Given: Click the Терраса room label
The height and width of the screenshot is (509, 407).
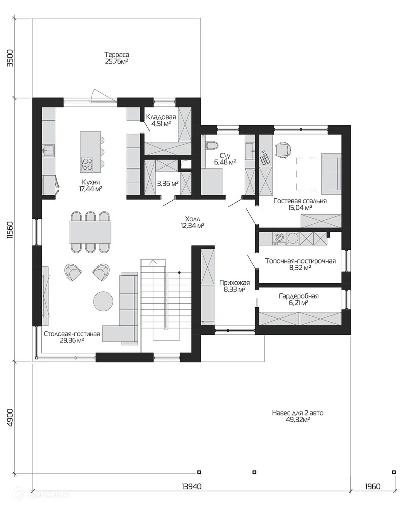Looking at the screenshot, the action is pyautogui.click(x=117, y=55).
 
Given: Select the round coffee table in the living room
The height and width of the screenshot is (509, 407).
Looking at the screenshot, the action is pyautogui.click(x=103, y=301).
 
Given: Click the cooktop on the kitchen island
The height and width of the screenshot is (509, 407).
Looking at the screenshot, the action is pyautogui.click(x=87, y=164).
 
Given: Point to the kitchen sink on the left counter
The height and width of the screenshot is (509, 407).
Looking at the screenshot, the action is pyautogui.click(x=48, y=150).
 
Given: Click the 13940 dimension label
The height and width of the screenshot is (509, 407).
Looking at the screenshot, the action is pyautogui.click(x=191, y=486).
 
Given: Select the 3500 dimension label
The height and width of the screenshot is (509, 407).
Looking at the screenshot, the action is pyautogui.click(x=10, y=58).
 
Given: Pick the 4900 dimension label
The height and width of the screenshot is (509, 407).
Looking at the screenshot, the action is pyautogui.click(x=10, y=418).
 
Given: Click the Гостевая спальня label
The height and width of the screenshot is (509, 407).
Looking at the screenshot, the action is pyautogui.click(x=300, y=201).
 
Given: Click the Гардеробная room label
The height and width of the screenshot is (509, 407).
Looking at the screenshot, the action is pyautogui.click(x=299, y=296).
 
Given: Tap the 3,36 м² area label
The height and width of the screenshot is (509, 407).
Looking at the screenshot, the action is pyautogui.click(x=168, y=183).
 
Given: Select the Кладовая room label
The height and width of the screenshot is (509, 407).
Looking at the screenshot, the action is pyautogui.click(x=161, y=117).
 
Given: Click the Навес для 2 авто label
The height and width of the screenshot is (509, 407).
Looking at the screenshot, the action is pyautogui.click(x=298, y=413).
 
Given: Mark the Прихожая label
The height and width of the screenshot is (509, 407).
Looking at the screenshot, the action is pyautogui.click(x=234, y=283).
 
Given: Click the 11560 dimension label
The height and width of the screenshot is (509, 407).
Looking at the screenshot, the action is pyautogui.click(x=10, y=230).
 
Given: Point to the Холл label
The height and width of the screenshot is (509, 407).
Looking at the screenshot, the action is pyautogui.click(x=193, y=219).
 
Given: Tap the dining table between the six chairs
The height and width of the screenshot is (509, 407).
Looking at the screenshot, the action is pyautogui.click(x=90, y=232).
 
